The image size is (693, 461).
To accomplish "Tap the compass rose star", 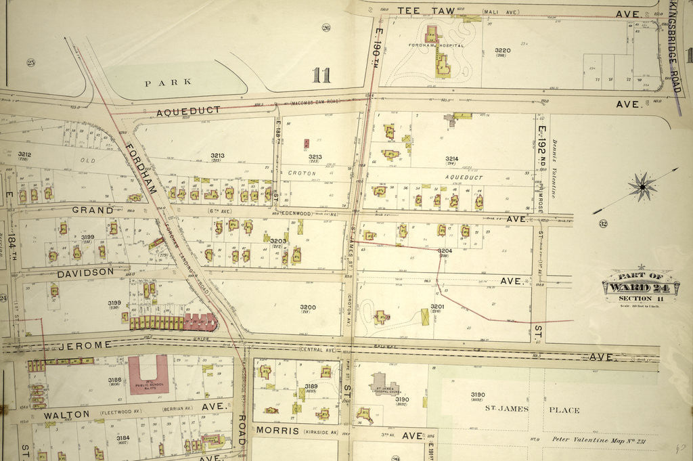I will (x=641, y=186).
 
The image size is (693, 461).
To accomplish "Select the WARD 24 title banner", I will (x=640, y=286).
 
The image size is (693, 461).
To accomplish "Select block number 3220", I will (x=502, y=51).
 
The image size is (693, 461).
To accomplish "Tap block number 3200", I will (x=308, y=307).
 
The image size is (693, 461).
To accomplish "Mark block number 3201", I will (x=437, y=307).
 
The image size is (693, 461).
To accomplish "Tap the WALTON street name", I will (x=66, y=414).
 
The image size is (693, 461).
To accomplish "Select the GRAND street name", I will (x=92, y=211).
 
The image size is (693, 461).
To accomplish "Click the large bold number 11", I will (x=321, y=74).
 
